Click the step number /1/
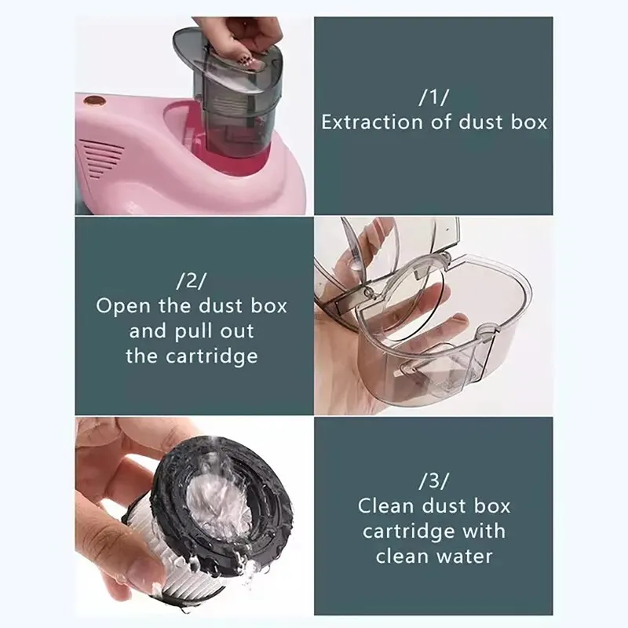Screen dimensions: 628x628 click(433, 97)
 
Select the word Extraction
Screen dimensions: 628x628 click(364, 122)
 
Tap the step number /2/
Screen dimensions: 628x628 click(192, 280)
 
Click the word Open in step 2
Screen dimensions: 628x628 click(122, 306)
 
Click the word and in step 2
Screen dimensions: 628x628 click(148, 331)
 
